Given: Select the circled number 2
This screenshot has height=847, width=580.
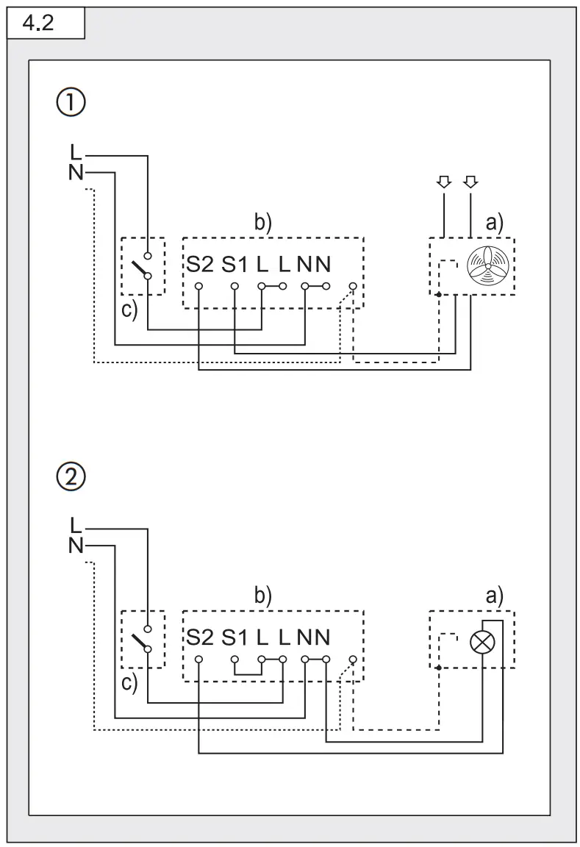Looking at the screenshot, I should click(x=71, y=478).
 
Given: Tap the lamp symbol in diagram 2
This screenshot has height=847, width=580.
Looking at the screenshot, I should click(x=482, y=641).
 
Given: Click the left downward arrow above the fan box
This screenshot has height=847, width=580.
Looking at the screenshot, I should click(x=443, y=181).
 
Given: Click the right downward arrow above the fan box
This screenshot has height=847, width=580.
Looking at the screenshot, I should click(x=470, y=181).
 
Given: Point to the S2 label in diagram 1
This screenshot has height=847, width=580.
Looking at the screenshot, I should click(x=199, y=264).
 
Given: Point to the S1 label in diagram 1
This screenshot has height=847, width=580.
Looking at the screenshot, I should click(x=235, y=264).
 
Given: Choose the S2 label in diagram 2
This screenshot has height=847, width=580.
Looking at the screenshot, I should click(x=199, y=637).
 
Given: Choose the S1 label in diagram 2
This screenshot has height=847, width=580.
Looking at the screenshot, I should click(x=235, y=637).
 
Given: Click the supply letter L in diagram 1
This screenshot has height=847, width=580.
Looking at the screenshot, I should click(x=76, y=152).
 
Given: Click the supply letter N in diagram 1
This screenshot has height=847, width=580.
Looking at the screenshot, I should click(x=76, y=173).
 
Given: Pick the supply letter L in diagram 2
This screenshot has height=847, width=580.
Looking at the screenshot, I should click(x=76, y=525).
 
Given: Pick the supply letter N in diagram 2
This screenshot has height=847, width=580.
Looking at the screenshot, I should click(x=76, y=546).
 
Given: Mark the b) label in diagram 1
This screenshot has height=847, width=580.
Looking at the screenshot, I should click(x=263, y=224).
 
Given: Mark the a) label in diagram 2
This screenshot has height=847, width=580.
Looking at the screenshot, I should click(x=495, y=596).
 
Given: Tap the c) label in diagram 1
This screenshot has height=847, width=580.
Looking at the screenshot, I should click(x=129, y=310).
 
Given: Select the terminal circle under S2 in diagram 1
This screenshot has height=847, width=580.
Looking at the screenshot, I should click(x=198, y=285).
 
